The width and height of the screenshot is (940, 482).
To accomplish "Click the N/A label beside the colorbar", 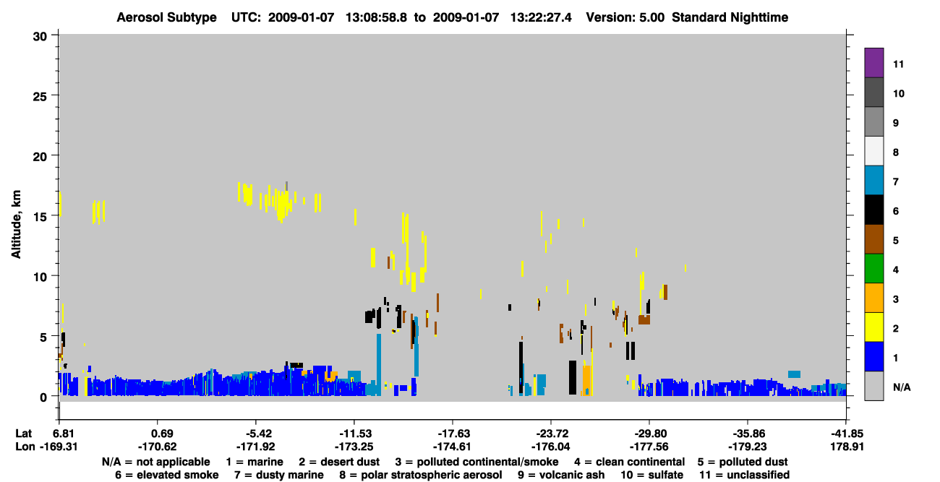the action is point(902,387).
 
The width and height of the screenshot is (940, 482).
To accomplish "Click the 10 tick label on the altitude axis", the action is point(40,277).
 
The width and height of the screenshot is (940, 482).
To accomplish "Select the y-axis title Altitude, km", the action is point(16,225).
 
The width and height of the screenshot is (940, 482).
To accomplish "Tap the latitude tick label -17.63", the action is point(453,434).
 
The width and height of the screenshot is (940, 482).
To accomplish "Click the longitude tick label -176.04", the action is point(550,447).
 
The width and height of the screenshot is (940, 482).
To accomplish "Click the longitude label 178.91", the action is point(847,447).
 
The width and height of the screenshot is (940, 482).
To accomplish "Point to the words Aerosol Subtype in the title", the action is point(166,17).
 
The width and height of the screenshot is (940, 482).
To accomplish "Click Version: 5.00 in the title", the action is point(625,17).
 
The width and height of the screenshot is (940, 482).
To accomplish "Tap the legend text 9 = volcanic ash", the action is point(561,475).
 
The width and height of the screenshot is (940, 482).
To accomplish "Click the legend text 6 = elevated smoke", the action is point(167,475).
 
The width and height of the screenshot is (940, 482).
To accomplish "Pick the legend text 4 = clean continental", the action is point(630,462).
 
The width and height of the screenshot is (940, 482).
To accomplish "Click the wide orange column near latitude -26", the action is point(586,379).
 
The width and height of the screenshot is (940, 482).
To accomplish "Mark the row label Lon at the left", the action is point(25,447).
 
